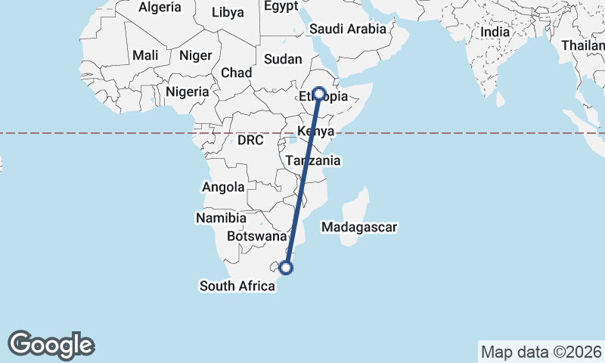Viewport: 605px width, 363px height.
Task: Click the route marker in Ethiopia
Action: click(x=319, y=94)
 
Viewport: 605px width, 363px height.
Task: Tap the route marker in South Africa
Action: click(x=286, y=266)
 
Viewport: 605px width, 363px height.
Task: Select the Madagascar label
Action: click(x=359, y=227)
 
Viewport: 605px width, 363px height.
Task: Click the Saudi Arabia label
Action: click(x=348, y=29)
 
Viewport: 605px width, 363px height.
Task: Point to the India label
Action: click(x=495, y=33)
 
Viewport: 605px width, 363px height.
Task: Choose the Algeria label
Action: click(x=160, y=8)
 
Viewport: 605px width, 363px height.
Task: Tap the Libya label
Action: click(x=228, y=12)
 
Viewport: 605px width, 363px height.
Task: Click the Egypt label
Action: click(x=282, y=6)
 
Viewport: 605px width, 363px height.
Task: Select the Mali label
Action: click(x=145, y=55)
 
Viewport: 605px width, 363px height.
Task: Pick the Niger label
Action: click(x=195, y=55)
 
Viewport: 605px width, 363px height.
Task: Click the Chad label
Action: click(x=236, y=73)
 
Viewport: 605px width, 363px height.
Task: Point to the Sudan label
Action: click(x=283, y=59)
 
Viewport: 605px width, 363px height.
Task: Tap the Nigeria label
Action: click(x=187, y=92)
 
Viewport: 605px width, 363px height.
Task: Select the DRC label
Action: click(x=250, y=141)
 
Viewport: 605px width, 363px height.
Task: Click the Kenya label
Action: click(x=317, y=132)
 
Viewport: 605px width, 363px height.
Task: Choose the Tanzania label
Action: click(x=313, y=160)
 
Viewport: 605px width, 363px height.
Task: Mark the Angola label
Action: click(x=223, y=187)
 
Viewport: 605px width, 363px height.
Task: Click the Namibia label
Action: click(x=221, y=218)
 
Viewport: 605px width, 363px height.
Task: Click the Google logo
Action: click(x=51, y=345)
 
